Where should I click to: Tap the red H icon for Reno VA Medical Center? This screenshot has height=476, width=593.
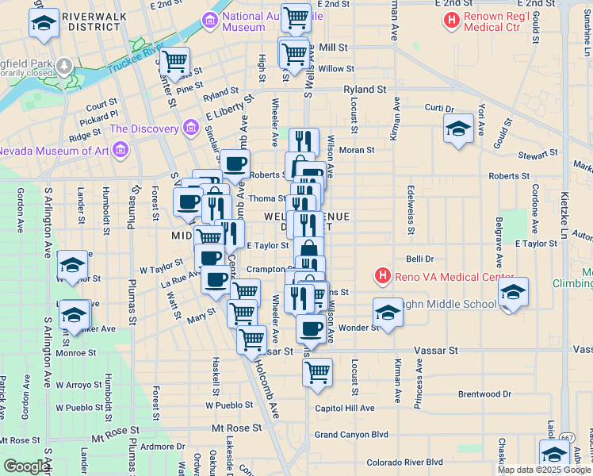tap(382, 277)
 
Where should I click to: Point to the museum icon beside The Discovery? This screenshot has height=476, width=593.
tap(190, 128)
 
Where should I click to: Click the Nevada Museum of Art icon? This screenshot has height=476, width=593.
tap(121, 149)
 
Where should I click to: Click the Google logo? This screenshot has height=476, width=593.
tap(26, 466)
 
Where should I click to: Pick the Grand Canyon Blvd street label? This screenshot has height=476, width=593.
tap(351, 435)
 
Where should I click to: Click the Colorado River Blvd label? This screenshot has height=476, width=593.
tap(404, 462)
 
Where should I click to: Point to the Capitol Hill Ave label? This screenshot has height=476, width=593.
tap(344, 408)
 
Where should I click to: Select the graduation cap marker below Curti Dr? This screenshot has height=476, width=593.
tap(458, 129)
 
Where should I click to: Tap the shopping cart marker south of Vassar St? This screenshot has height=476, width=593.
tap(318, 371)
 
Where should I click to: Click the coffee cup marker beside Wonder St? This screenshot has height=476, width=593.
tap(312, 328)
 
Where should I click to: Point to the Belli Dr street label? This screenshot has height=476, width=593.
tap(420, 259)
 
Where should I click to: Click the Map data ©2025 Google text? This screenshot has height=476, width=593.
tap(544, 470)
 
